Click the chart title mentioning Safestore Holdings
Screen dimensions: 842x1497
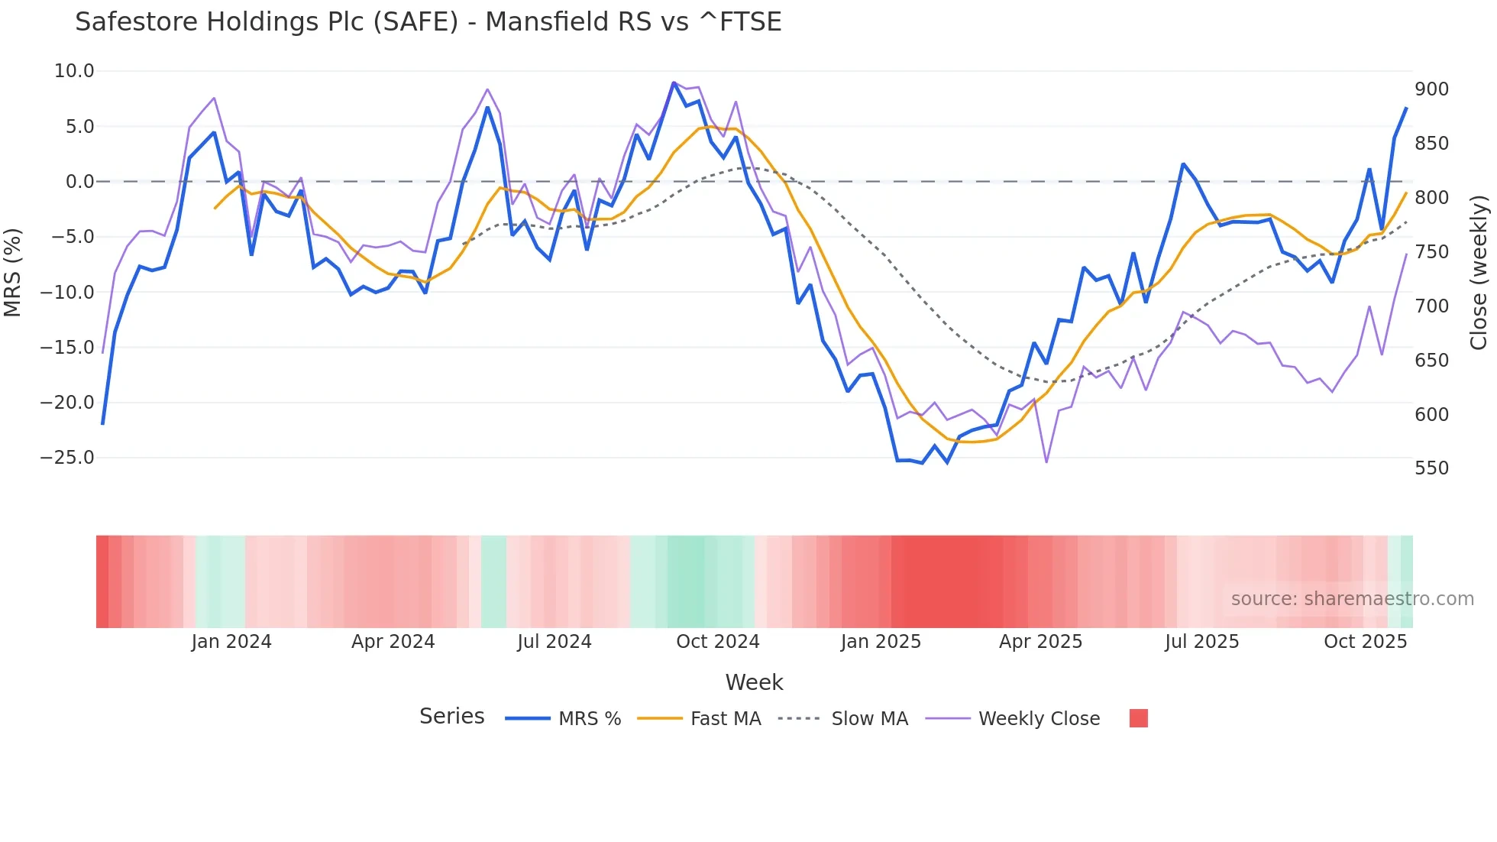[x=428, y=22]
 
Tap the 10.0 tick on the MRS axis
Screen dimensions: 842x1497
[x=74, y=71]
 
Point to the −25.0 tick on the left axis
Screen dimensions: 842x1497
[x=67, y=458]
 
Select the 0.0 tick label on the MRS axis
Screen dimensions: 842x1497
[x=79, y=182]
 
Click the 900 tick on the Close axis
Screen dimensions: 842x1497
[x=1431, y=89]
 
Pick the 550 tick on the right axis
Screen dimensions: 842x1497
[x=1431, y=468]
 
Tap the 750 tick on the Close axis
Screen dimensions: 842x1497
[x=1431, y=252]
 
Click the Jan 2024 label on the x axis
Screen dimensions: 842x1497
[x=231, y=642]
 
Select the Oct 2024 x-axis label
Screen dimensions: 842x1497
[x=717, y=642]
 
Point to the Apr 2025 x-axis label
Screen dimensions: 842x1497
[x=1040, y=642]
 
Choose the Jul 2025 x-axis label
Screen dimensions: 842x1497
[x=1201, y=642]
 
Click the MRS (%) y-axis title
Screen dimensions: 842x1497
[x=13, y=272]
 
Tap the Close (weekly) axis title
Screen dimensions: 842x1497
[x=1479, y=272]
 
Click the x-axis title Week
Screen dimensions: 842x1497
[x=754, y=682]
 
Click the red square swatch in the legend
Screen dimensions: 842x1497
[x=1138, y=718]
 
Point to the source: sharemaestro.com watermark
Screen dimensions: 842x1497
[x=1352, y=599]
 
